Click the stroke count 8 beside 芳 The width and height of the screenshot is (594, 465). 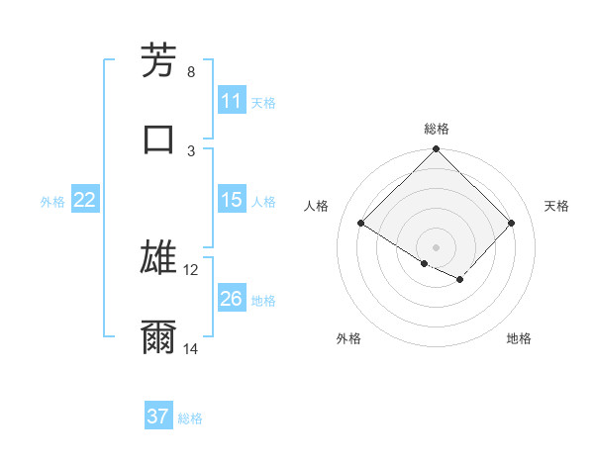(x=191, y=71)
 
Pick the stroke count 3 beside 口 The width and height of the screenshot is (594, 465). (x=191, y=150)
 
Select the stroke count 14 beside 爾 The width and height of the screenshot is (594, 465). (x=191, y=348)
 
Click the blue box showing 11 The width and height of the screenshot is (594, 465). (x=232, y=101)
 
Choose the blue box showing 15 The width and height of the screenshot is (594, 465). (x=232, y=200)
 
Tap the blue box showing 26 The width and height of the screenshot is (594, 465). (x=232, y=299)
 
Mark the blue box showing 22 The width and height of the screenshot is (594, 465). (x=85, y=200)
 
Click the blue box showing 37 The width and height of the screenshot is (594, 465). (x=158, y=417)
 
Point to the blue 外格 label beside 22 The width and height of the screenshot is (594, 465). (x=52, y=202)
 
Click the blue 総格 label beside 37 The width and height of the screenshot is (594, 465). (x=190, y=418)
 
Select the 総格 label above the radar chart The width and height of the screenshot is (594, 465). (x=437, y=129)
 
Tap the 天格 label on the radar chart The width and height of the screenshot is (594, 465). (x=557, y=206)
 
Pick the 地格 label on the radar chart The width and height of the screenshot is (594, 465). (x=519, y=338)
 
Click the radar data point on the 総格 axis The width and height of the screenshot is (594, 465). (x=437, y=150)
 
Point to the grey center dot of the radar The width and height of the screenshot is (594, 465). (x=437, y=246)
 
